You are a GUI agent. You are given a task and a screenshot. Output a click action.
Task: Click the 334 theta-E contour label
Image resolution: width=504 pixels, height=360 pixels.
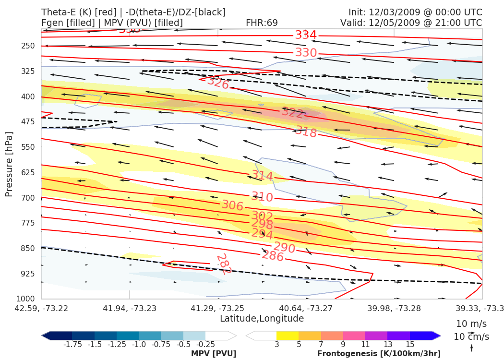coord(306,35)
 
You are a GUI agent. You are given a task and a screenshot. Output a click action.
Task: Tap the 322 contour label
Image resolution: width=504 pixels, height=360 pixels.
coord(292,113)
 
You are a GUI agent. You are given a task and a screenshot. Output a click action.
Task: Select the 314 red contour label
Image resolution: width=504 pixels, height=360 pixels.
coord(262,176)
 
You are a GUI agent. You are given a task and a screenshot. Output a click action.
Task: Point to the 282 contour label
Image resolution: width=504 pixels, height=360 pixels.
coord(224,264)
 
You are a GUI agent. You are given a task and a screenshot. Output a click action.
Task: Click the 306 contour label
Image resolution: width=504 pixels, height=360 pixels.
coord(232,205)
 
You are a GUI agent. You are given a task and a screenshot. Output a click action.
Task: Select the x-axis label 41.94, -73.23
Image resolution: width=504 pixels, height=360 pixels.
coord(130,308)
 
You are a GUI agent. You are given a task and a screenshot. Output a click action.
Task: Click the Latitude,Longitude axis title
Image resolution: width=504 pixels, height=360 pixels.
coord(262,319)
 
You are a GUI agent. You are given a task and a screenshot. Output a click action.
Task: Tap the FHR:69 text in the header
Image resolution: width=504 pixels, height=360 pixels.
coord(262,23)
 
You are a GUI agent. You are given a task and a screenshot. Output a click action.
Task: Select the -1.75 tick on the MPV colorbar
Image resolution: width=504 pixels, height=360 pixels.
coord(72,344)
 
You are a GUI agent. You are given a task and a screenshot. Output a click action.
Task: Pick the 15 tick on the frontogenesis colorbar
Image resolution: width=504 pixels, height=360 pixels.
coord(409,344)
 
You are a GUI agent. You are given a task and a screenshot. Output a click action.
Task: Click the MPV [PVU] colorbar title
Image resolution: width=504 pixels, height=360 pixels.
coord(214,353)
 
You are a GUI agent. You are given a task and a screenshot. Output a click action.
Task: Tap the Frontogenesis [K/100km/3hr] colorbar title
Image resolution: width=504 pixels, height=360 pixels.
coord(379,353)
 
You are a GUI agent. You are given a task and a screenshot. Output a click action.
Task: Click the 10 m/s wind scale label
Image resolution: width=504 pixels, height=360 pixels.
coord(469,324)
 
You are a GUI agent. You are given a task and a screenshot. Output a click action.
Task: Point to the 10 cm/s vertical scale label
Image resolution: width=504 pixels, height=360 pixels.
coord(471,336)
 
